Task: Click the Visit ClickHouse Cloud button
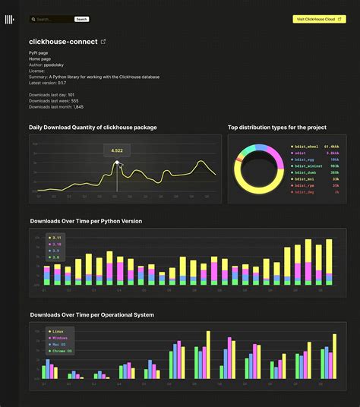319,19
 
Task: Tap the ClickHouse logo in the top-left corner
9,19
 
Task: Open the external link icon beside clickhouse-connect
103,42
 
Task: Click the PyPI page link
39,53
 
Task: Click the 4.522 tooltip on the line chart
117,150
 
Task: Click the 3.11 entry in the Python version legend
55,238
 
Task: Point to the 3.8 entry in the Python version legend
55,257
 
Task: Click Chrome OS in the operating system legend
61,351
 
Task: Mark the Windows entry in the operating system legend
60,338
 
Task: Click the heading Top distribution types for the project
279,128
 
